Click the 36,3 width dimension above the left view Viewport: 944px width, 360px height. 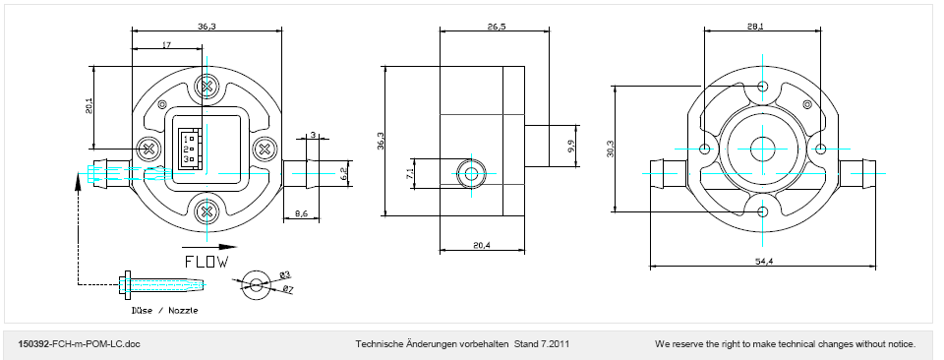click(206, 26)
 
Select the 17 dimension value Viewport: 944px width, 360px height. click(167, 44)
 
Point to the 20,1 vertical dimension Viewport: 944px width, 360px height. click(89, 106)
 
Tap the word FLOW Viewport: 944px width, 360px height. click(206, 262)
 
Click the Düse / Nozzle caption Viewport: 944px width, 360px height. click(164, 311)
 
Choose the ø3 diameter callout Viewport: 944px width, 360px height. click(285, 275)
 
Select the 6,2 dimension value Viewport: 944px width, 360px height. click(343, 174)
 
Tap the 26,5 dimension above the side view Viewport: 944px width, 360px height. click(495, 26)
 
